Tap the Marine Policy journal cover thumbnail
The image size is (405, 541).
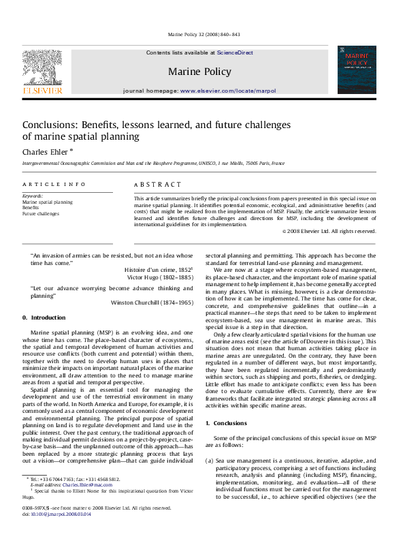(357, 69)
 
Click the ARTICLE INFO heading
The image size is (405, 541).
(54, 184)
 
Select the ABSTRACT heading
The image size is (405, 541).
(158, 184)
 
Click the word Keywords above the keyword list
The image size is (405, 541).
(33, 196)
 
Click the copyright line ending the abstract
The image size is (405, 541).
(329, 231)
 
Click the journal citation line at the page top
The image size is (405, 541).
(202, 34)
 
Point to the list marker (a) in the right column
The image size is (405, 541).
(210, 461)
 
